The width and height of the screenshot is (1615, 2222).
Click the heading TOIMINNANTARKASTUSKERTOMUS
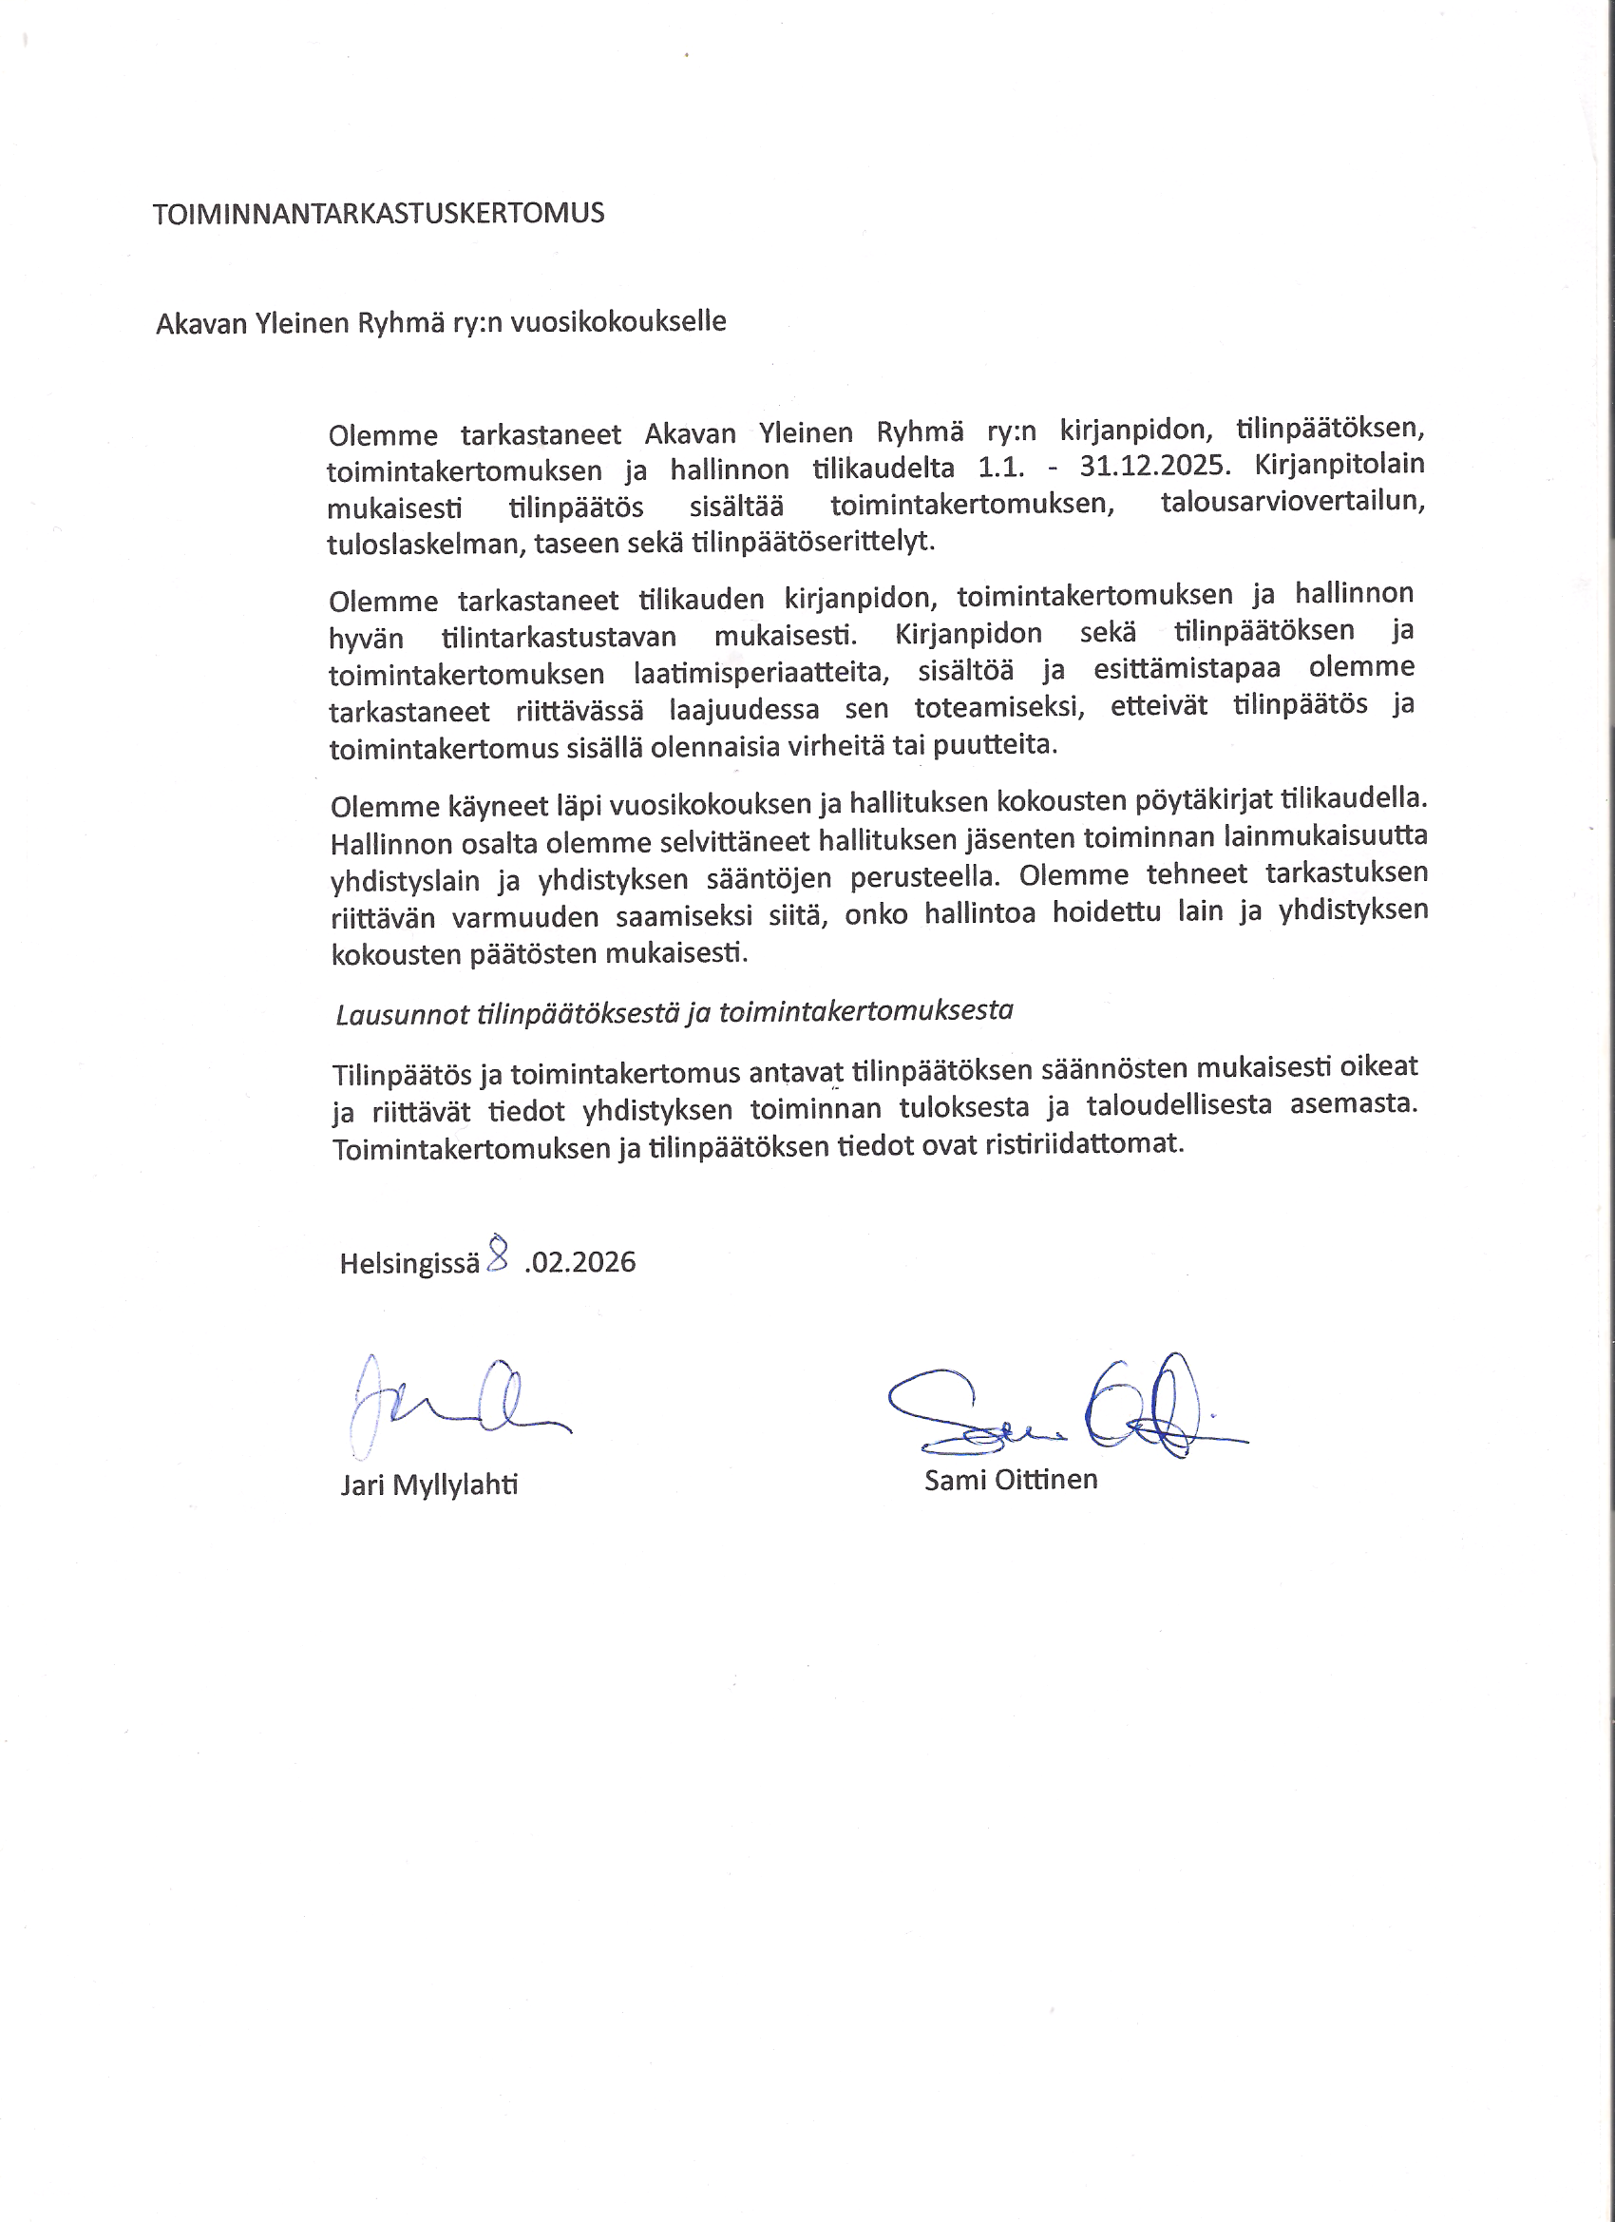point(378,214)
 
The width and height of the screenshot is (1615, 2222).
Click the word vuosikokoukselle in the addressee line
point(618,321)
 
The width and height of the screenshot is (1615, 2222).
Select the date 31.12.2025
point(1153,466)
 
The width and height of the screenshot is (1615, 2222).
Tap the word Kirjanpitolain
point(1339,464)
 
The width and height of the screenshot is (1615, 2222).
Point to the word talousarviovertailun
point(1292,502)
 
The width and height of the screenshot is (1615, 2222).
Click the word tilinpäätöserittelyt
point(813,541)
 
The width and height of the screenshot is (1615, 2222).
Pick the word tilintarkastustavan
point(559,637)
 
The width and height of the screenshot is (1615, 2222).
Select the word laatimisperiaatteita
point(761,673)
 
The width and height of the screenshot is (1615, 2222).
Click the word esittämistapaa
point(1186,669)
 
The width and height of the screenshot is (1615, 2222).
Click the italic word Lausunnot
point(403,1014)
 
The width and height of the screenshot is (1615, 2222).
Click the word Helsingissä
point(409,1263)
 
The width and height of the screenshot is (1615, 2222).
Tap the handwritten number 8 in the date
point(498,1253)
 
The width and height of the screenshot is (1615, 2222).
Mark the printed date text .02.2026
point(579,1262)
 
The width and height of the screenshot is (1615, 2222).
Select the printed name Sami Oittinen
point(1011,1480)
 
